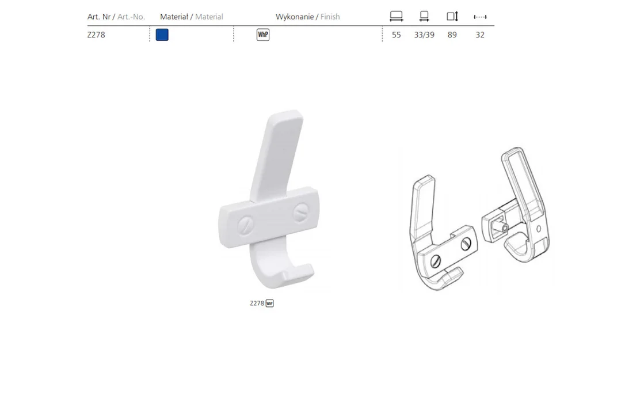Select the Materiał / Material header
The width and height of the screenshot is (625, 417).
(x=191, y=17)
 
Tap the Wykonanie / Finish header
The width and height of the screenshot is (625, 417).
(x=307, y=17)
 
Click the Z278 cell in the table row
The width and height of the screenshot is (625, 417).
(x=96, y=35)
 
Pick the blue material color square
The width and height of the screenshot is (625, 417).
(x=162, y=35)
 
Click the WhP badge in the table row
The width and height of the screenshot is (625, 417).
(x=263, y=35)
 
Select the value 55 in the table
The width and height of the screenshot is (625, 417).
(x=396, y=35)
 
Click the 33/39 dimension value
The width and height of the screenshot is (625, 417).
(x=424, y=35)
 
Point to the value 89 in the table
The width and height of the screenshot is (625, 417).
(x=452, y=35)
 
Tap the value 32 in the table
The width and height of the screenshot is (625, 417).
(x=480, y=35)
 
